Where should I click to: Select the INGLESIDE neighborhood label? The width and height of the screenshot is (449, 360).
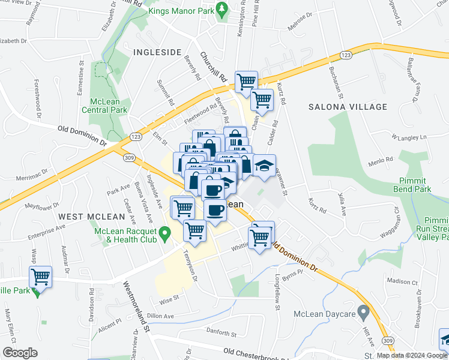[x=157, y=52]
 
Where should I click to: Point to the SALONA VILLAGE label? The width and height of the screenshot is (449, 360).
[x=348, y=107]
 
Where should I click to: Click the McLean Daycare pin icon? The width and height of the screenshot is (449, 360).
[x=363, y=312]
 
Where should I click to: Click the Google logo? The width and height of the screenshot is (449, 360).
[x=20, y=353]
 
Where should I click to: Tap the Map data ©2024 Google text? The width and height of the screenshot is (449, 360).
[x=411, y=355]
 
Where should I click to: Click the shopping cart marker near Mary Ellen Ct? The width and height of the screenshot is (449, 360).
[x=41, y=277]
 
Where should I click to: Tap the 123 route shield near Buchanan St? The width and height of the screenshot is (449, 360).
[x=346, y=55]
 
